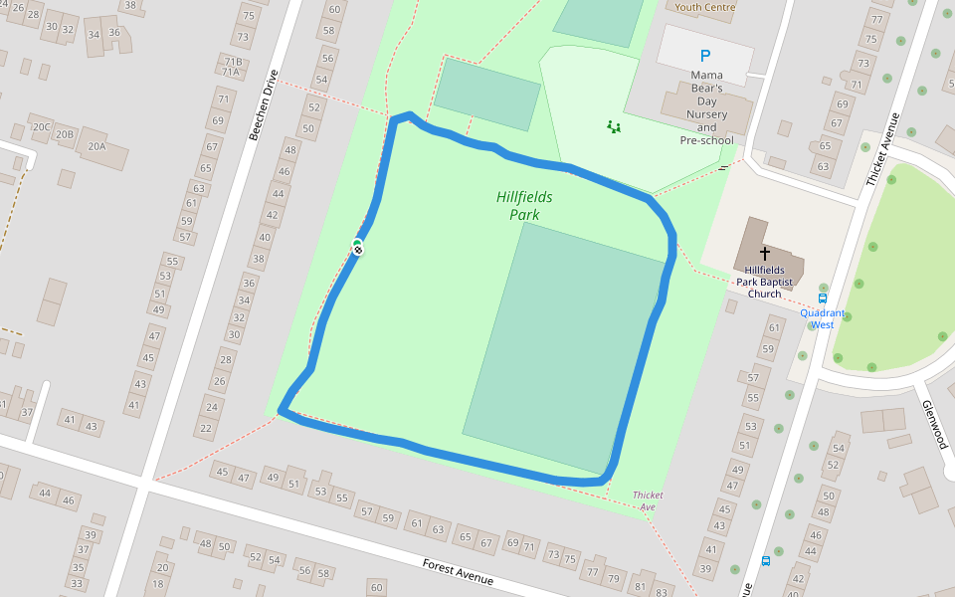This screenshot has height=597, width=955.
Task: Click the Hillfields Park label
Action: pyautogui.click(x=524, y=206)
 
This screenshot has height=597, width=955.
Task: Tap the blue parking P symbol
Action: pyautogui.click(x=705, y=57)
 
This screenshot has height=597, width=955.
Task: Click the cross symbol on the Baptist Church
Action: pyautogui.click(x=765, y=254)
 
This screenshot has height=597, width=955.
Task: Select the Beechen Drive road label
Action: pyautogui.click(x=263, y=104)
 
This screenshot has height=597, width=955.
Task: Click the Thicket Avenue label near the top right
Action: pyautogui.click(x=882, y=148)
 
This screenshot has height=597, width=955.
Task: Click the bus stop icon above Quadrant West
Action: pyautogui.click(x=823, y=298)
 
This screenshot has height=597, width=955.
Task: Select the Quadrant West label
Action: pyautogui.click(x=822, y=318)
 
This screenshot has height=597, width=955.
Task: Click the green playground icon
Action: pyautogui.click(x=614, y=126)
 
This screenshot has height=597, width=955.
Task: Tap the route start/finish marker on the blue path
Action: pyautogui.click(x=357, y=247)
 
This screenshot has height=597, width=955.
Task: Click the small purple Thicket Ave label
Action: pyautogui.click(x=649, y=500)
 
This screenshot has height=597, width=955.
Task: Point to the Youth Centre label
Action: pyautogui.click(x=704, y=7)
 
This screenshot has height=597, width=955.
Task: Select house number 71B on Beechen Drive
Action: pyautogui.click(x=233, y=61)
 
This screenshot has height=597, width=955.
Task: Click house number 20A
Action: pyautogui.click(x=96, y=146)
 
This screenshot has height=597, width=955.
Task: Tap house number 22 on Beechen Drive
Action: pyautogui.click(x=206, y=428)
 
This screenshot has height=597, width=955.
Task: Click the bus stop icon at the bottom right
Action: pyautogui.click(x=765, y=561)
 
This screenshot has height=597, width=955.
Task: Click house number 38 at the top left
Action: pyautogui.click(x=130, y=5)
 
